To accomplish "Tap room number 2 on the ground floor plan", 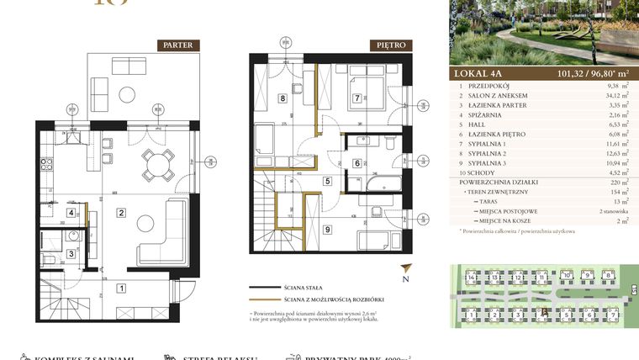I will tap(121, 214).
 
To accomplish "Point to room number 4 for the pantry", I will tap(71, 213).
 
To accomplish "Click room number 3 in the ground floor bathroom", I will tap(71, 253).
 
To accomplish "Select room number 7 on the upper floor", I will tap(357, 99).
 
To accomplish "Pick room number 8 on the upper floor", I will tap(283, 99).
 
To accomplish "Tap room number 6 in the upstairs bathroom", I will tap(357, 164).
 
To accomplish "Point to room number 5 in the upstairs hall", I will tap(327, 181).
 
